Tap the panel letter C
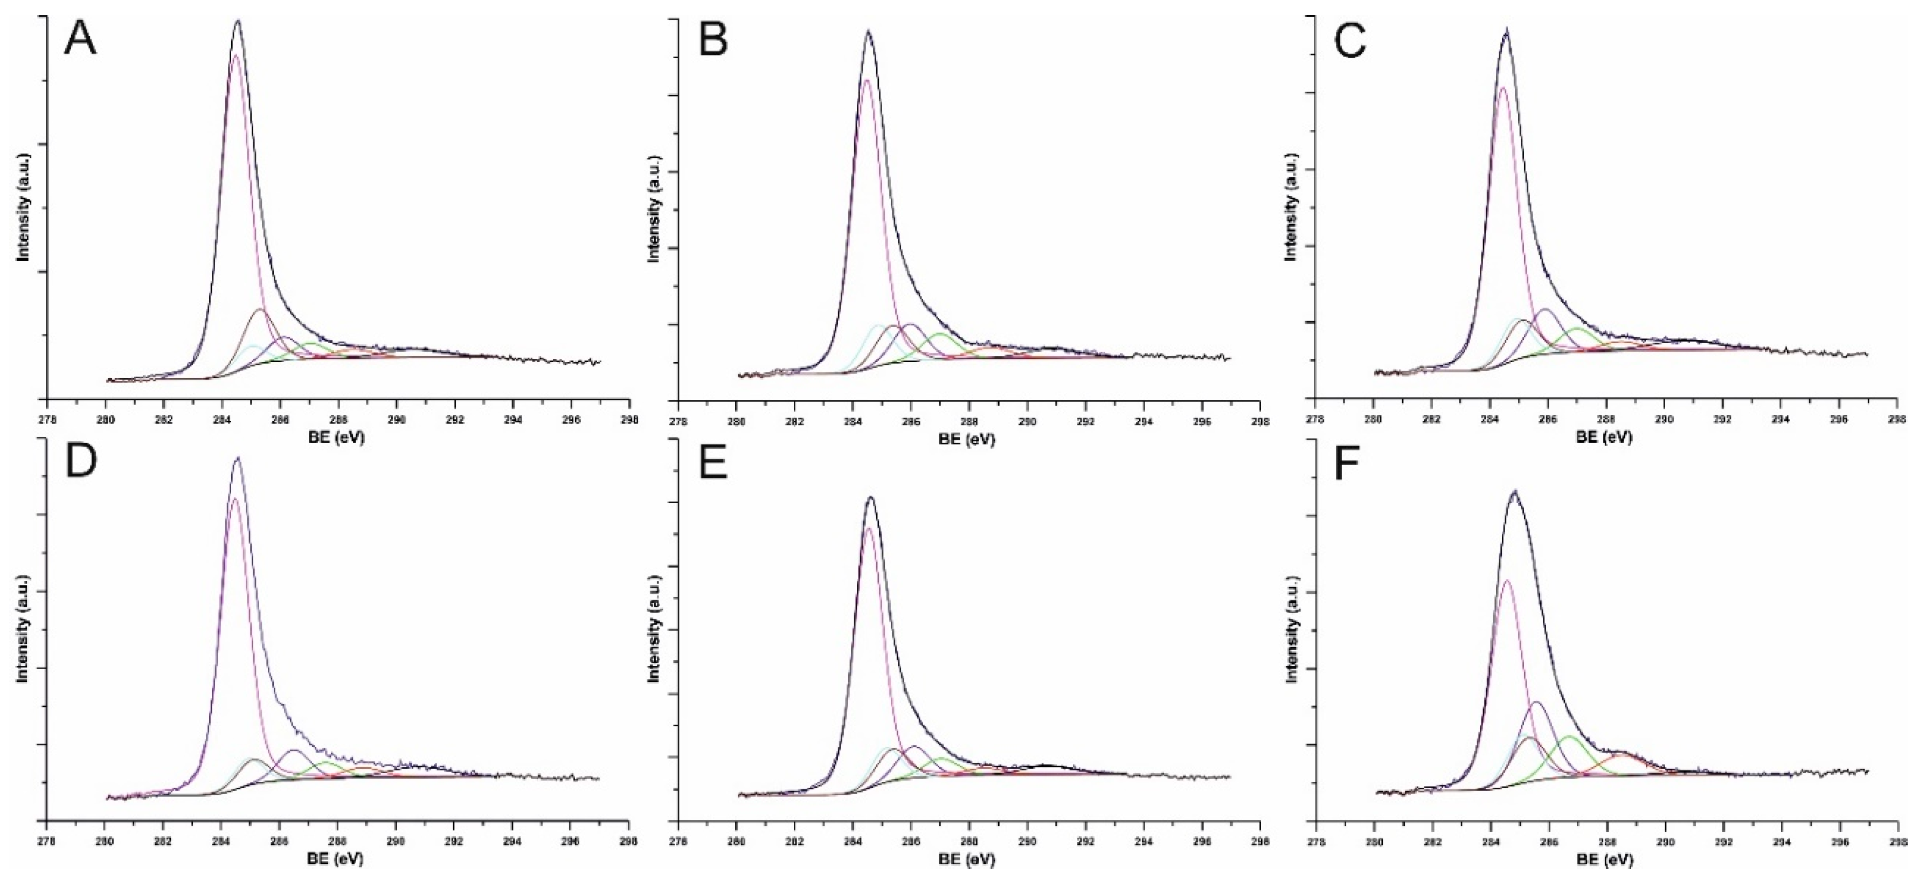[1350, 41]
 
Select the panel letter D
[81, 463]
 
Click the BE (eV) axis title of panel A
[336, 438]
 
